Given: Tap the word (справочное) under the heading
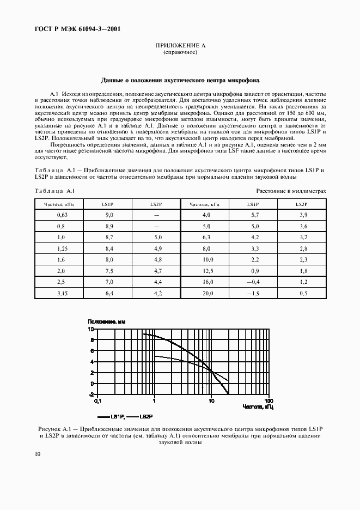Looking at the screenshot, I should tap(180, 53).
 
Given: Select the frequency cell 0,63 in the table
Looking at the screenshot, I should tap(62, 216).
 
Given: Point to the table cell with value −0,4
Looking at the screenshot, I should tap(252, 282).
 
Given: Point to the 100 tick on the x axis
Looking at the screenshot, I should tap(268, 400).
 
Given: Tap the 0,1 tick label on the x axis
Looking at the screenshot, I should tap(97, 400).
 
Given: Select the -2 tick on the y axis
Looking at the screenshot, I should tap(92, 394).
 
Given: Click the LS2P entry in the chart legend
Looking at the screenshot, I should tap(145, 416).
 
